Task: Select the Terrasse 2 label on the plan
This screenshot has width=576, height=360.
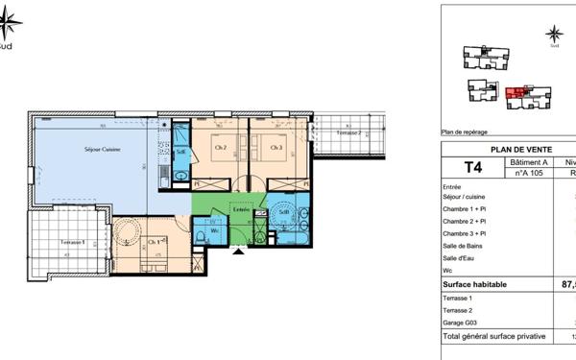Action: coord(348,132)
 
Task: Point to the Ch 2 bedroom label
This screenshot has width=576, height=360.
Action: coord(220,148)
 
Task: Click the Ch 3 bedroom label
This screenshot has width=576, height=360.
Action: coord(276,148)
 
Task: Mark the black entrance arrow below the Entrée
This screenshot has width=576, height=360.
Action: coord(239,250)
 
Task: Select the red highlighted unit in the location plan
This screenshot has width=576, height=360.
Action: coord(519,92)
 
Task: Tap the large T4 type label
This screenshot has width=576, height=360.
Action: coord(473,168)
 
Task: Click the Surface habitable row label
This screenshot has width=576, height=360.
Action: coord(475,285)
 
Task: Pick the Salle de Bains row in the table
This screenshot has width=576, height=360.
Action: coord(465,246)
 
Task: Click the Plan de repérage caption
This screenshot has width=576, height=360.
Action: coord(465,132)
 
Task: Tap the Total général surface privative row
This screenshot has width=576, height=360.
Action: coord(493,337)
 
